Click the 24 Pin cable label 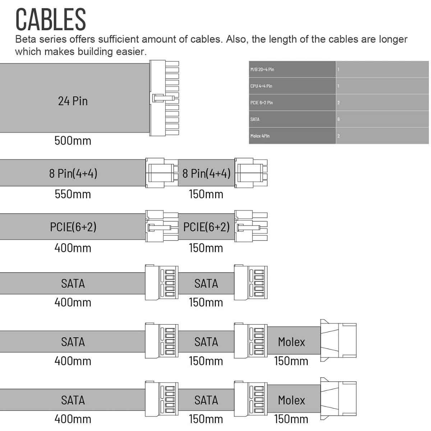(73, 101)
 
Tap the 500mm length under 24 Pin (73, 140)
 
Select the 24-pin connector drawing (164, 98)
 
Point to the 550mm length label (73, 194)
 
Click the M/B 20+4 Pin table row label (262, 69)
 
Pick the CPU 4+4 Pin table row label (261, 86)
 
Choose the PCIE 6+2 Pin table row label (261, 103)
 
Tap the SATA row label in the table (255, 119)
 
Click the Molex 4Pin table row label (260, 136)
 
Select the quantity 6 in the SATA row (339, 119)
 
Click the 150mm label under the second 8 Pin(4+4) (206, 194)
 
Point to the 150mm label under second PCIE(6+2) (206, 248)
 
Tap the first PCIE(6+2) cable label (73, 227)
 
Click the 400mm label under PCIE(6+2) (73, 248)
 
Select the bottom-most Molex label (291, 400)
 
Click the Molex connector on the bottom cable (338, 398)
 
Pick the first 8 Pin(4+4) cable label (73, 173)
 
